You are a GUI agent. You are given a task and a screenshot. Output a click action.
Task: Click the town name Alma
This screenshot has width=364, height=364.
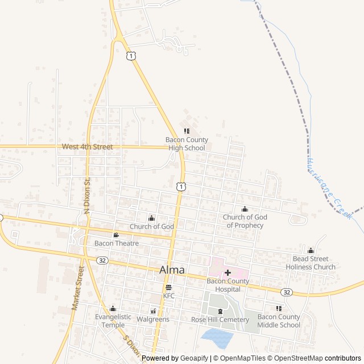[172, 270]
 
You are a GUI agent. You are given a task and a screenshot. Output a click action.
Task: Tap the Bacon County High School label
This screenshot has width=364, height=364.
[187, 144]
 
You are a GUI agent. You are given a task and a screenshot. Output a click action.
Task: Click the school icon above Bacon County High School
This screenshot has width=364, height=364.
[187, 131]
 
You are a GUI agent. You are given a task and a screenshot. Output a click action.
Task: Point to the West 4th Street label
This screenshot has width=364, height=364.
[87, 147]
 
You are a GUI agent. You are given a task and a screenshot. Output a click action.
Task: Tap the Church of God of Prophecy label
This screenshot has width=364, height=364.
[245, 221]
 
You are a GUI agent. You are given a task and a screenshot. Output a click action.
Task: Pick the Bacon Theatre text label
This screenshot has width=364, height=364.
[117, 243]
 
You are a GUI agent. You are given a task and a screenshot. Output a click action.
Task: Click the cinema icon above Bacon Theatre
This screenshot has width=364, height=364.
[116, 235]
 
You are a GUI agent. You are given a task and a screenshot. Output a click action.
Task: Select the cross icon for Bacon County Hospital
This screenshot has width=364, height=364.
[227, 272]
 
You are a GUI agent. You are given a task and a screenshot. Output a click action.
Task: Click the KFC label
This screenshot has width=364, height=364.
[169, 296]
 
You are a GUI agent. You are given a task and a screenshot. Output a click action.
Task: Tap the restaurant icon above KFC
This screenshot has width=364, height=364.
[169, 287]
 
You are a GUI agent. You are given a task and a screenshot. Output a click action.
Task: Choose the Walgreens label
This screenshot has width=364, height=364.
[153, 319]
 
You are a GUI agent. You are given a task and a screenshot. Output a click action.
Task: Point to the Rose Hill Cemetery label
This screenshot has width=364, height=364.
[220, 320]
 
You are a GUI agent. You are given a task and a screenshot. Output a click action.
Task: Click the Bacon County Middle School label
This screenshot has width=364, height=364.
[279, 321]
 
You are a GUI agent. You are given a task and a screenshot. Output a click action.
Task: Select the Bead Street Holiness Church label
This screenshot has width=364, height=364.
[311, 263]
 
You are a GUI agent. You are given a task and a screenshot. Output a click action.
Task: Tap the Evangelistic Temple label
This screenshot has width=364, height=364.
[113, 321]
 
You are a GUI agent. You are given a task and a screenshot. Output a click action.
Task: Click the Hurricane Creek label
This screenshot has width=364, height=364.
[330, 188]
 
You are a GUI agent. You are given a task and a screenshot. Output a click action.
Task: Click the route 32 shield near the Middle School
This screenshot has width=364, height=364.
[287, 292]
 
